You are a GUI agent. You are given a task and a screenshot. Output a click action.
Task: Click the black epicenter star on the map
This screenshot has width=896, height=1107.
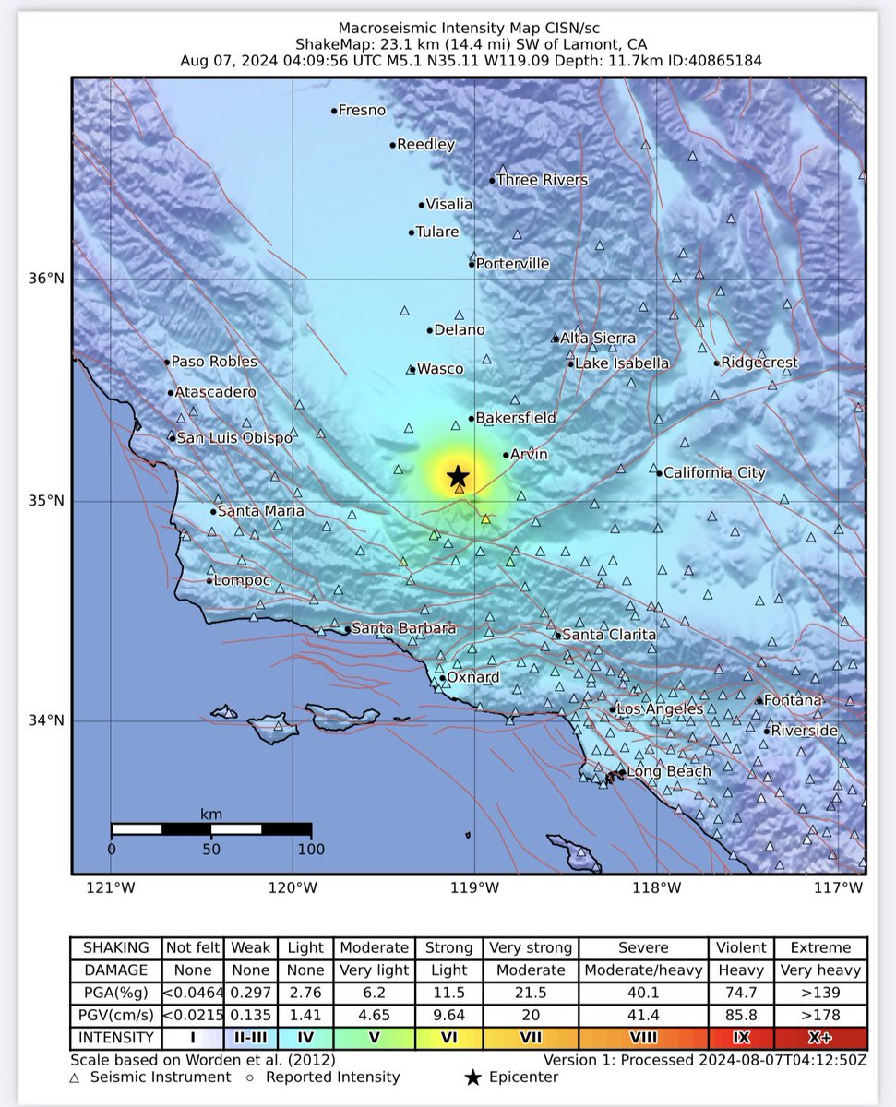coord(458,476)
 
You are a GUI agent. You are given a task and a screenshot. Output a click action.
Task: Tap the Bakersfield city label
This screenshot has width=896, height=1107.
coord(515,418)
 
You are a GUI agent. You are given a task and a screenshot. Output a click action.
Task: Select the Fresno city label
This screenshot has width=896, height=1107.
coord(362,111)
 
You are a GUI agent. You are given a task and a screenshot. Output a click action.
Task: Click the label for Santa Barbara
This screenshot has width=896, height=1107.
coord(404,628)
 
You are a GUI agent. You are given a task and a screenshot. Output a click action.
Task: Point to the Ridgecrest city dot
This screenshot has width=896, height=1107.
coord(716,363)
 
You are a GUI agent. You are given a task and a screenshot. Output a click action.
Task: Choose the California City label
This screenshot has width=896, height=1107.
coord(714,473)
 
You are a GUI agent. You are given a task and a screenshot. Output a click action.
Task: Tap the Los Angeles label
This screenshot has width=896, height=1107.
coord(660,708)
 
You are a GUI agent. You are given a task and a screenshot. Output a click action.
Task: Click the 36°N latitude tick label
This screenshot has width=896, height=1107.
coord(52,279)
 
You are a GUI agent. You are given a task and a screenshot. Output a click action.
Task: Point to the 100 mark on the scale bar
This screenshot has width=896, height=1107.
coord(311,849)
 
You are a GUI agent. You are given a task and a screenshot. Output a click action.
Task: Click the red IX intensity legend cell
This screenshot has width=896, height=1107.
coord(741,1037)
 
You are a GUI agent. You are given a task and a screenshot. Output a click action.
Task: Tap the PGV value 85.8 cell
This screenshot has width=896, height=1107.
coord(741,1015)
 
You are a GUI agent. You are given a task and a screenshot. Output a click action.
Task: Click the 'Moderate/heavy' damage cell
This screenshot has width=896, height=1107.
coord(642,970)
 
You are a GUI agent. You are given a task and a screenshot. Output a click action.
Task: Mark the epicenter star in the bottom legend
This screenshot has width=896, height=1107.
coord(473,1077)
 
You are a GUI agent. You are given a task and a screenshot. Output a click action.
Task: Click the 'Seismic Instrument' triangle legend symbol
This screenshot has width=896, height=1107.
coord(75,1077)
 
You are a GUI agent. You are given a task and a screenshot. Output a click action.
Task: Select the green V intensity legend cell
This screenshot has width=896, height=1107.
coord(375,1037)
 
